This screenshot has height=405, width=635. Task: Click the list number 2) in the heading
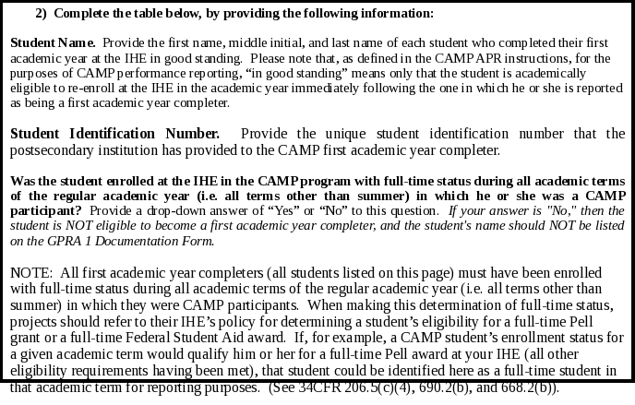pos(42,14)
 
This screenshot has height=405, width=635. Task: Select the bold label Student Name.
pos(53,43)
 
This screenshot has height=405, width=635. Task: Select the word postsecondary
pos(54,149)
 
